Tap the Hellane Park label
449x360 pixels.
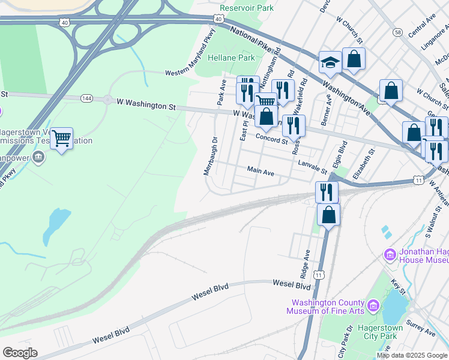tap(231, 58)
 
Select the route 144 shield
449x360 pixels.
tap(88, 97)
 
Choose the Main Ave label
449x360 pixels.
tap(261, 172)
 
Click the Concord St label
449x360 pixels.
tap(272, 139)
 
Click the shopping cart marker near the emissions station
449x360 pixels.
tap(61, 139)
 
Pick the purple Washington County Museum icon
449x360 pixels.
tap(372, 307)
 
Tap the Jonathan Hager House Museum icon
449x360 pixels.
tap(390, 255)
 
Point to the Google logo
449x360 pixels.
tap(20, 353)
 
